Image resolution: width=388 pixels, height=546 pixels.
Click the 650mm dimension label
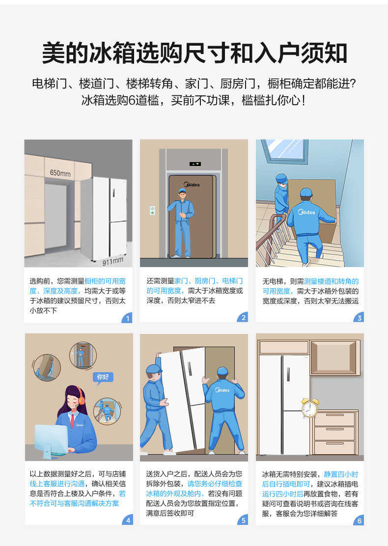coord(60,173)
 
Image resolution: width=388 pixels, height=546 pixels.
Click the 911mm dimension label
coord(112,260)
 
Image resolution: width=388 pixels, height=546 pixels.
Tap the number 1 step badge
coord(127,318)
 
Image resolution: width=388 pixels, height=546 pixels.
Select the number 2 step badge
coord(243,318)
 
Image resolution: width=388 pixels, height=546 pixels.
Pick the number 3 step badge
coord(359,318)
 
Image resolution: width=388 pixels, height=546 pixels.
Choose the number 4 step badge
coord(127,520)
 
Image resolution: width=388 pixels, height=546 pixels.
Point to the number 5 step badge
coord(243,520)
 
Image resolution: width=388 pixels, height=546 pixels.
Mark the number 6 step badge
coord(359,520)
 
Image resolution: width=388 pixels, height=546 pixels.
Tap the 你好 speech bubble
coord(102,377)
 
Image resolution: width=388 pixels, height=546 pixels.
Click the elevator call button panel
coord(152,211)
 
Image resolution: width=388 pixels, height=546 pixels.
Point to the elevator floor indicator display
coord(195,164)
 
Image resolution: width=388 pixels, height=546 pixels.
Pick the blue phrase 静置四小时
coord(340,474)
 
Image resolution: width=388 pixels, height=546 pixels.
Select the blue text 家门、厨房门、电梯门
coord(208,281)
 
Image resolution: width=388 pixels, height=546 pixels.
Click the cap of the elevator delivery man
coord(182,191)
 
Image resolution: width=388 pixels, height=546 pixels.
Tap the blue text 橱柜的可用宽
coord(105,281)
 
